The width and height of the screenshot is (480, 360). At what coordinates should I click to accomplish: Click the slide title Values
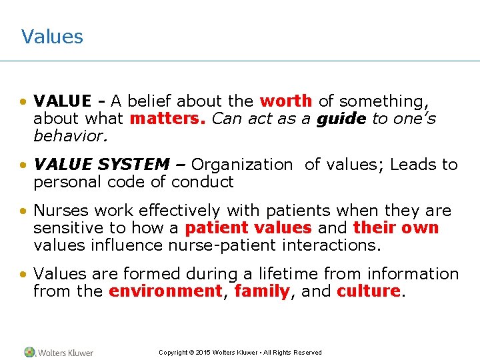(x=52, y=36)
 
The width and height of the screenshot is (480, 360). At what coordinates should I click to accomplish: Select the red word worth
(x=285, y=101)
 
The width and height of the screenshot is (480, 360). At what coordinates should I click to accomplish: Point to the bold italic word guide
(x=341, y=119)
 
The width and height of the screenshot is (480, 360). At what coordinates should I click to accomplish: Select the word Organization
(x=242, y=165)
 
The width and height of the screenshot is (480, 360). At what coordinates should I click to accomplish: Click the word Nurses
(x=61, y=211)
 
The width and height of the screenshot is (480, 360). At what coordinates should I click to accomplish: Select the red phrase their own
(x=396, y=228)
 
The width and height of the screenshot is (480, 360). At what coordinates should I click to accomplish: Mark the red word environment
(x=165, y=291)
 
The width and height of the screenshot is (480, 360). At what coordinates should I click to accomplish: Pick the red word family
(x=263, y=291)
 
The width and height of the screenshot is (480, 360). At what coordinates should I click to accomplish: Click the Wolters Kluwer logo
(x=59, y=353)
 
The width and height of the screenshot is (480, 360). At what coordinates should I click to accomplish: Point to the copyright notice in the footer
(x=240, y=353)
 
